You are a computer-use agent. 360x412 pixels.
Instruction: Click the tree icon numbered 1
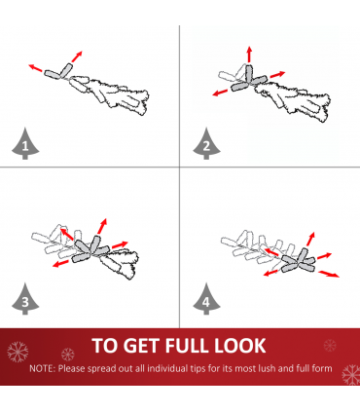[x=25, y=144]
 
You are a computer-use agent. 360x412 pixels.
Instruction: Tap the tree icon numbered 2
[x=206, y=144]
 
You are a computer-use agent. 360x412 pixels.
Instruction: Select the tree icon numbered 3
[x=25, y=299]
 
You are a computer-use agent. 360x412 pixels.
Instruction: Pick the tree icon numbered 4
[x=206, y=299]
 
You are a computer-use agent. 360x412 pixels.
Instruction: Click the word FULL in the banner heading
[x=187, y=346]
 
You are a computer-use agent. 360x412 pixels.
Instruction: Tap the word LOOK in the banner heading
[x=240, y=346]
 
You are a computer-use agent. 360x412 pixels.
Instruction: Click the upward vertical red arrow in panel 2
[x=249, y=55]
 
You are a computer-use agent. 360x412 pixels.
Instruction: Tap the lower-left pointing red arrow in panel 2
[x=220, y=93]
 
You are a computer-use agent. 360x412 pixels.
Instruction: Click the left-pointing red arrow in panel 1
[x=35, y=68]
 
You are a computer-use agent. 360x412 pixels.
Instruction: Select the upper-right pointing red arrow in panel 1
[x=77, y=56]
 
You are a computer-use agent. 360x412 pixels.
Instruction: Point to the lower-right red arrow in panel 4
[x=329, y=274]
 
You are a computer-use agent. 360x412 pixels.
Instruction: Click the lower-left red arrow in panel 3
[x=60, y=263]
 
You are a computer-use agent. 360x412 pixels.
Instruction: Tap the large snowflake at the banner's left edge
[x=18, y=352]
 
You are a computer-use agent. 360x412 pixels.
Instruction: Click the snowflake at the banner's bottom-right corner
[x=351, y=374]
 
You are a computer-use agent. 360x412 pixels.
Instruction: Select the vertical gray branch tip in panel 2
[x=249, y=74]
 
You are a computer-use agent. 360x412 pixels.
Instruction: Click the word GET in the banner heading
[x=142, y=346]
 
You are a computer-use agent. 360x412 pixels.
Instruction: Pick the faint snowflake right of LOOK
[x=330, y=346]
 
